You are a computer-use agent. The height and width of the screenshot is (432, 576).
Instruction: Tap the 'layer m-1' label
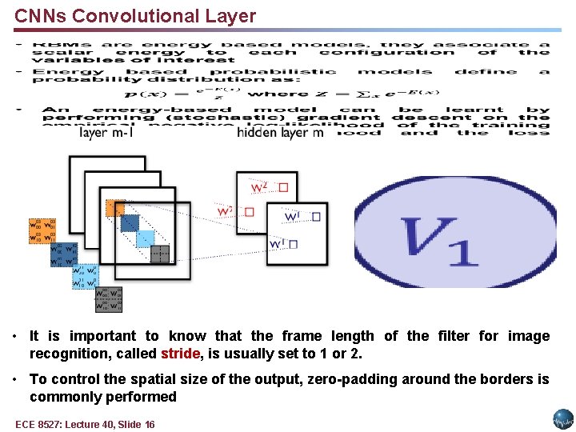coord(106,133)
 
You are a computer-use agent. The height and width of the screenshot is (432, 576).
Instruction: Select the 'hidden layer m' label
coord(280,133)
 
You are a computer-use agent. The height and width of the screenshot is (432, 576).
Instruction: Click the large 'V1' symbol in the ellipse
coord(440,240)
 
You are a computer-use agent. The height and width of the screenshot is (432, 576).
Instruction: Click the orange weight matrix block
coord(42,230)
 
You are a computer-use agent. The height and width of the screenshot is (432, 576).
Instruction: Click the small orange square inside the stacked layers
coord(114,207)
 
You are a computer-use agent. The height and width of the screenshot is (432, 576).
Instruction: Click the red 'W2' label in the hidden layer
coord(259,188)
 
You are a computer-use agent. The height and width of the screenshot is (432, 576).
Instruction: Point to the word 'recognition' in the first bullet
coord(67,354)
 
